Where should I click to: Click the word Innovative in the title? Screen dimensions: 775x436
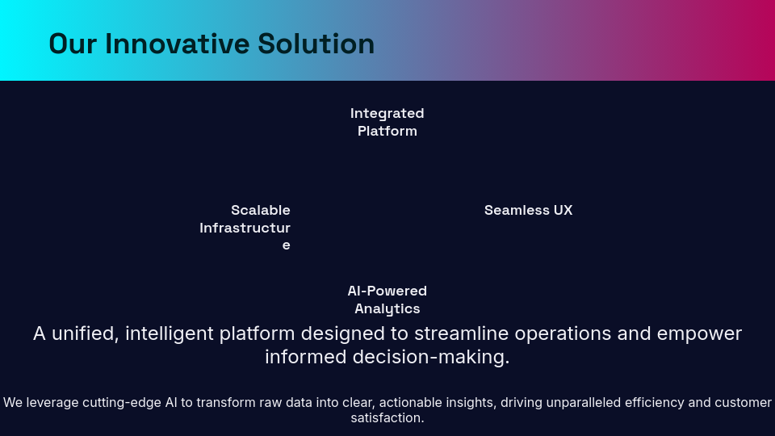(x=177, y=44)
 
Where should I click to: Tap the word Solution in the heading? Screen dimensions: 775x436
(x=316, y=44)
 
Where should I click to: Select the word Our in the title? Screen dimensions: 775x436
(x=73, y=44)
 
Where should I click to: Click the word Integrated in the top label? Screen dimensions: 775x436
(x=387, y=113)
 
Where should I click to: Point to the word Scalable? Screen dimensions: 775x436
(x=261, y=210)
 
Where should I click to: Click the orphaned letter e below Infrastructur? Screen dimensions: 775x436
(x=286, y=245)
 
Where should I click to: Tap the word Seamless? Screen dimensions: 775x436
(x=517, y=210)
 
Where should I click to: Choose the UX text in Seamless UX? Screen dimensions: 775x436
(x=563, y=210)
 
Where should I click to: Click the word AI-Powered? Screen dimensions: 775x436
(x=387, y=291)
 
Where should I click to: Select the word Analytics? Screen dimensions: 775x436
(x=387, y=309)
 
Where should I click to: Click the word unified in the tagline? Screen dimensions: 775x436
(x=85, y=333)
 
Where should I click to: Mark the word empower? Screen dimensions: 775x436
(x=699, y=334)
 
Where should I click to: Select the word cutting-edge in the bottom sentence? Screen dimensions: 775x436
(x=122, y=402)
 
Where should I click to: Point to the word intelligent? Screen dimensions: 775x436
(x=169, y=333)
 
